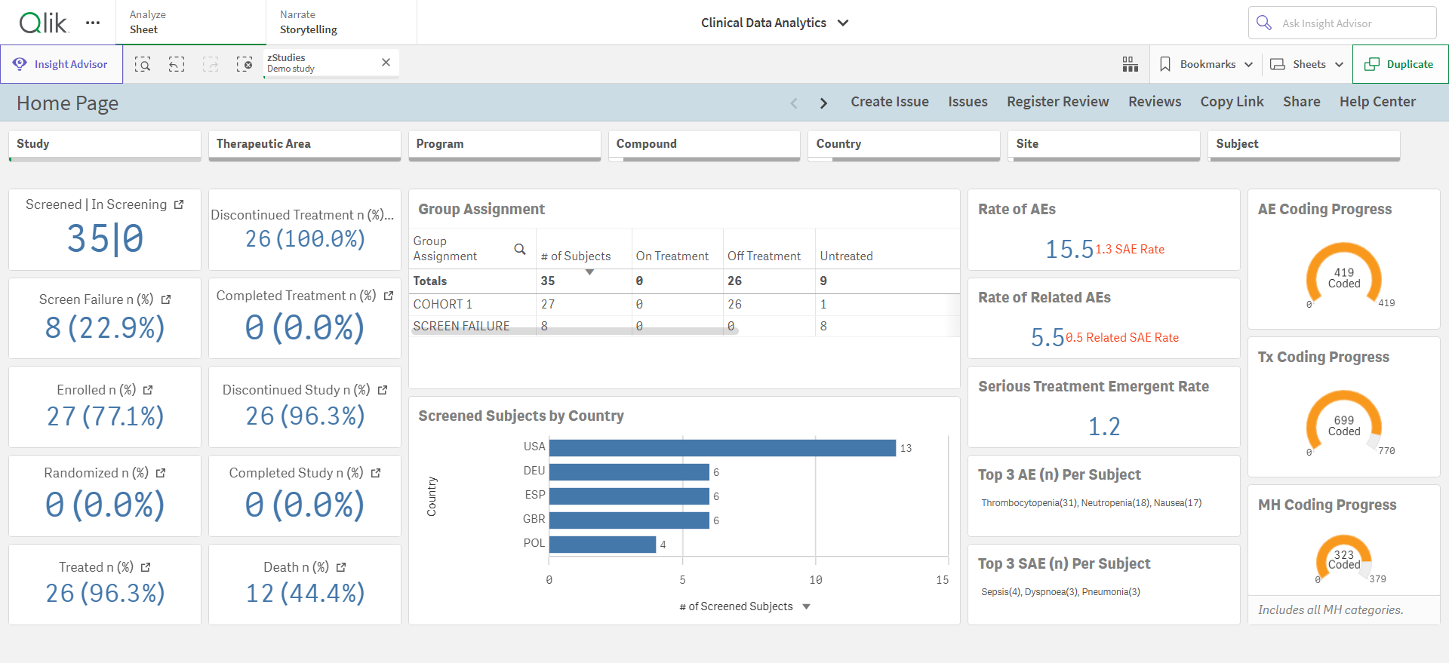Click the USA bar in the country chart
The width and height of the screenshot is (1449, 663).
(722, 448)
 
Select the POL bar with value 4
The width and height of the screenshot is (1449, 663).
(602, 545)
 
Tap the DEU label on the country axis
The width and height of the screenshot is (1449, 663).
(534, 471)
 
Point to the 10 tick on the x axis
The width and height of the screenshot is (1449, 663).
(816, 580)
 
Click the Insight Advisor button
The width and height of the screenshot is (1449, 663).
(61, 64)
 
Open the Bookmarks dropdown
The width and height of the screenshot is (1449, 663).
(1206, 64)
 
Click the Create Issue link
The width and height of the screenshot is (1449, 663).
(890, 102)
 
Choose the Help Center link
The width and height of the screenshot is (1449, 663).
(1377, 102)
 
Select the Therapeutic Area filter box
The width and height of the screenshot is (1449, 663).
(304, 145)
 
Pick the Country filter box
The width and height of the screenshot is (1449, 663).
(904, 145)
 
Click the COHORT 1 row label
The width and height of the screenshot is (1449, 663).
(443, 304)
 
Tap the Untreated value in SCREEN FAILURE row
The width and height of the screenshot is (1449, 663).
(823, 326)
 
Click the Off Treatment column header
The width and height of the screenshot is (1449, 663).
(764, 256)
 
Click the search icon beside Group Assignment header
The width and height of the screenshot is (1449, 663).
(520, 249)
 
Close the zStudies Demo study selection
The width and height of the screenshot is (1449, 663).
(386, 63)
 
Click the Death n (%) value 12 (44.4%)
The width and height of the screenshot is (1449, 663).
(305, 593)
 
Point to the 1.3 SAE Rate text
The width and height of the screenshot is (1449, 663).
(1130, 249)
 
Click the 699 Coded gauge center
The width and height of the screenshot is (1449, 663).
(1344, 425)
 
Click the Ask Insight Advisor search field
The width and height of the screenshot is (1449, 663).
(1342, 23)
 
